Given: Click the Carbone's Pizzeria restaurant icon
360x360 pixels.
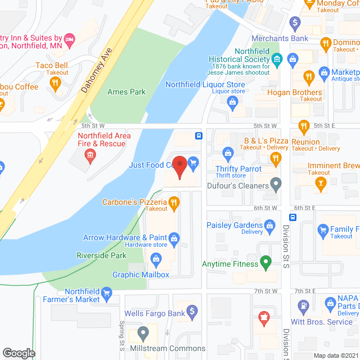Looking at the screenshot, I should click(174, 202).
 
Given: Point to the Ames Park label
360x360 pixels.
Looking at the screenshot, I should click(126, 92).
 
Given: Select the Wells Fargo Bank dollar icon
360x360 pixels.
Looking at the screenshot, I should click(192, 310).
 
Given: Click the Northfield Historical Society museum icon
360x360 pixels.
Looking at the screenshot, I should click(277, 58).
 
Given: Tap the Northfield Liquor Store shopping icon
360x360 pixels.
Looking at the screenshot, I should click(232, 102).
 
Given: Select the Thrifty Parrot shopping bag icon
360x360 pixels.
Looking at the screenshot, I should click(228, 152).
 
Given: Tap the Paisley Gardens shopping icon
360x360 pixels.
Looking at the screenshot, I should click(270, 226).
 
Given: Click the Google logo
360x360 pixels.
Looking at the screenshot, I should click(19, 353).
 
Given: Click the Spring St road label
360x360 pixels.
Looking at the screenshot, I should click(121, 336).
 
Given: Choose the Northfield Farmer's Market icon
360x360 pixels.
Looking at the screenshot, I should click(108, 292).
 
